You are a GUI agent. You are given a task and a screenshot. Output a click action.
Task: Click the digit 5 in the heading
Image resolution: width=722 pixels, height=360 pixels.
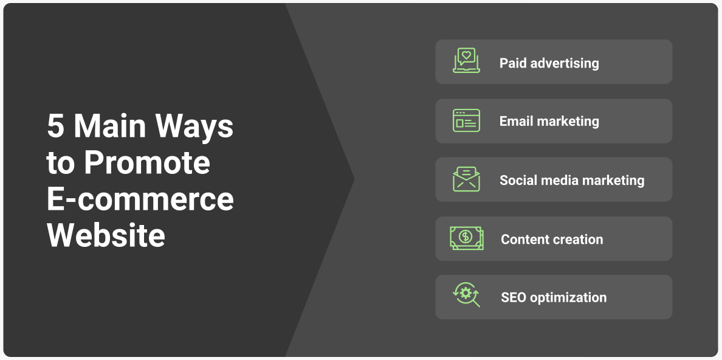coord(55,126)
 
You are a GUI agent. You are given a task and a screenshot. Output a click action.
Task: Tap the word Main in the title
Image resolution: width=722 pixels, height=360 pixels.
coord(111,125)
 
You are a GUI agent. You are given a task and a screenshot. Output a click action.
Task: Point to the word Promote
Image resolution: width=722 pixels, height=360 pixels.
coord(147,162)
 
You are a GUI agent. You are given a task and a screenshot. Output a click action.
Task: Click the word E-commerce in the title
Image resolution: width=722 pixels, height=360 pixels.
coord(140,199)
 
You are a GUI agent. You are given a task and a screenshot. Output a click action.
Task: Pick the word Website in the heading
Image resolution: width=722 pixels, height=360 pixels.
coord(106,235)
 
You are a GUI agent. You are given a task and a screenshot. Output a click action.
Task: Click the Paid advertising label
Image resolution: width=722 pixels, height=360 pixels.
coord(549,63)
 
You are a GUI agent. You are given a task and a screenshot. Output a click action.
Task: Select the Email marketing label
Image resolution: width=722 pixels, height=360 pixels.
coord(549,121)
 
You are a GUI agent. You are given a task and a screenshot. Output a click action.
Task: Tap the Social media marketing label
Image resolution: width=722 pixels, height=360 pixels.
coord(572,180)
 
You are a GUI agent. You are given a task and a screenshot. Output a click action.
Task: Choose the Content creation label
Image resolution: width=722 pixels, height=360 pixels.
coord(552,239)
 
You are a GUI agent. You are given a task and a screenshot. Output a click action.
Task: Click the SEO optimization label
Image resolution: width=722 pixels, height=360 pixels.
coord(554,297)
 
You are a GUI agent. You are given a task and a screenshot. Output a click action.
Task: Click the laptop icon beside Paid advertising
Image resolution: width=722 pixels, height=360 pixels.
coord(466,61)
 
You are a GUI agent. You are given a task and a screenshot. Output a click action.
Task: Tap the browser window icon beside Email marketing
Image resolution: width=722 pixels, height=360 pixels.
coord(466,120)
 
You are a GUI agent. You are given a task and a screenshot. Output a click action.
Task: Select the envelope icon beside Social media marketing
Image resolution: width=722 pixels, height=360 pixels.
coord(466,179)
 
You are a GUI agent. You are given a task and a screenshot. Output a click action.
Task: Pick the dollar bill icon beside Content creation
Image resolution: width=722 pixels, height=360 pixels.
coord(467,238)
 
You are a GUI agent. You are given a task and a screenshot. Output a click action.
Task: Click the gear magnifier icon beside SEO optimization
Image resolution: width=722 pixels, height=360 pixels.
coord(466,294)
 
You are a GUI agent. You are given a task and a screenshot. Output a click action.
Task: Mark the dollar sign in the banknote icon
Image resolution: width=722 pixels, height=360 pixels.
coord(466,237)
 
